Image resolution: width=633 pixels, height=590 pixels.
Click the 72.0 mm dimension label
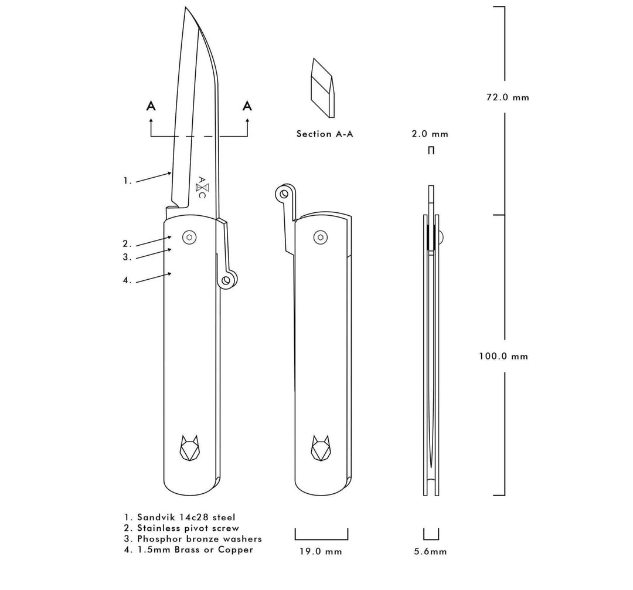pos(507,97)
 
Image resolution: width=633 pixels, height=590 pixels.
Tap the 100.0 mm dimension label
pos(503,356)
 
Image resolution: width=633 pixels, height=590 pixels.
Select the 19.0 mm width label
pos(321,551)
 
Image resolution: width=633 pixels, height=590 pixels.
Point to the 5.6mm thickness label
pos(431,551)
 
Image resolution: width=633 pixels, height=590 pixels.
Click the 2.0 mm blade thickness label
pos(430,134)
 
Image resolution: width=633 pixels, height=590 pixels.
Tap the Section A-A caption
pos(325,134)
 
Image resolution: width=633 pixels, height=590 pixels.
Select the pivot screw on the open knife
pos(189,237)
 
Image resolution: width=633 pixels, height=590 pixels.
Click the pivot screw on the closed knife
pos(320,237)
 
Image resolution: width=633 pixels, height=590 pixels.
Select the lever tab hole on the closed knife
pos(284,192)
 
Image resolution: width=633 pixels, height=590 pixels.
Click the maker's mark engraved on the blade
pos(201,187)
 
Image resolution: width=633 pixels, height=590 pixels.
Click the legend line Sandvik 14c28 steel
pos(179,517)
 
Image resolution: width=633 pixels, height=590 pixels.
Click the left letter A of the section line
pos(151,106)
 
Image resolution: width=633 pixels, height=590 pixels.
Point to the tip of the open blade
pos(186,8)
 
